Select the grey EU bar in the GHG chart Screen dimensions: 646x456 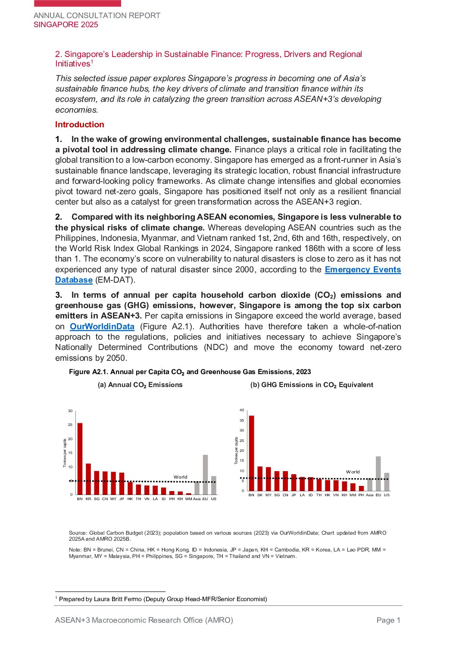(x=378, y=473)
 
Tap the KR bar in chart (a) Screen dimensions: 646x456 (x=88, y=479)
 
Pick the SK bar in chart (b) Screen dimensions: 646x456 (x=260, y=479)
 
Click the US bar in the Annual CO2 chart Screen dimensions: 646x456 (x=214, y=485)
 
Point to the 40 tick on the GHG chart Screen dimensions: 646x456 (x=242, y=410)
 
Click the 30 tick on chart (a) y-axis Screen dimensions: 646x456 (x=70, y=411)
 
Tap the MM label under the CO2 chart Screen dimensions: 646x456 (x=188, y=499)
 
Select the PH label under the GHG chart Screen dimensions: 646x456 (x=361, y=495)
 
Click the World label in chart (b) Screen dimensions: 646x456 (x=353, y=472)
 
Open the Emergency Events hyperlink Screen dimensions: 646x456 (x=362, y=270)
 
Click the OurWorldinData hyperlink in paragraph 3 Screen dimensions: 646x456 (x=102, y=327)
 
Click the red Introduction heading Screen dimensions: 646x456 (x=80, y=125)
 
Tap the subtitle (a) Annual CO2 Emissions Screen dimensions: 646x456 (x=140, y=385)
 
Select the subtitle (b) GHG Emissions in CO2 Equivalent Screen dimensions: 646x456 (x=312, y=385)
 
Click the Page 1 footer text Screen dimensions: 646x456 (x=388, y=620)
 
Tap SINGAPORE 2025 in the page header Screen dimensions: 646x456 (x=66, y=25)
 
